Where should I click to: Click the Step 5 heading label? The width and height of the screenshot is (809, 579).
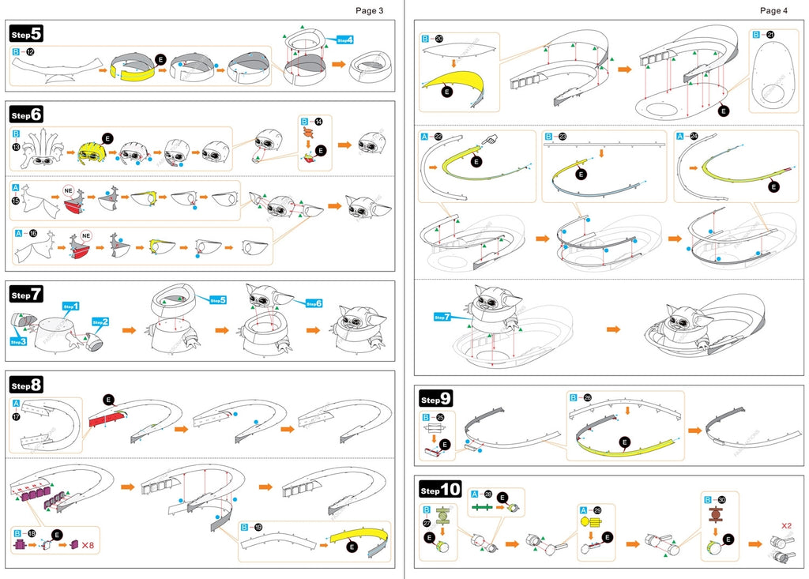pos(26,33)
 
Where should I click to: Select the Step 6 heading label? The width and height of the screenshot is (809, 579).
pos(26,115)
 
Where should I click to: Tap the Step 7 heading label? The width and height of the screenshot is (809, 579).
pos(26,295)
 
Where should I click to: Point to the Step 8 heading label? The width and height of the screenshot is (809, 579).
pos(26,385)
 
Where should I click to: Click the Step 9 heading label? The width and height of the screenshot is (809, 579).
pos(435,399)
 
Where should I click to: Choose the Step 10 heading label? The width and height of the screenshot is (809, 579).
pos(438,491)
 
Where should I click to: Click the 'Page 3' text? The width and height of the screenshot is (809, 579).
pos(369,11)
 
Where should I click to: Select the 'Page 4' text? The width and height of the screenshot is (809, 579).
pos(773,11)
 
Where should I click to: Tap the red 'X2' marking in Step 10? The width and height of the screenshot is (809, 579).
pos(787,524)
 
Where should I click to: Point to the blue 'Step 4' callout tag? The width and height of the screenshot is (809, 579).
pos(345,39)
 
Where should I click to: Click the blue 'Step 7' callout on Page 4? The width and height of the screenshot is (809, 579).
pos(442,318)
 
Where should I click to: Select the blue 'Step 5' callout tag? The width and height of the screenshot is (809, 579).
pos(218,300)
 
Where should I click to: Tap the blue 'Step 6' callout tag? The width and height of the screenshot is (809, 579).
pos(314,303)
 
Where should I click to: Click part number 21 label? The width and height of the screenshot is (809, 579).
pos(770,35)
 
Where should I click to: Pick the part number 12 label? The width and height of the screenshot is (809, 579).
pos(30,51)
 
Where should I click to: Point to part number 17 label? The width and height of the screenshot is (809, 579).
pos(17,415)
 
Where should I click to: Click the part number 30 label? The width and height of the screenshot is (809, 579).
pos(722,499)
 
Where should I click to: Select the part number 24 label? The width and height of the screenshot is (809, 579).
pos(694,137)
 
